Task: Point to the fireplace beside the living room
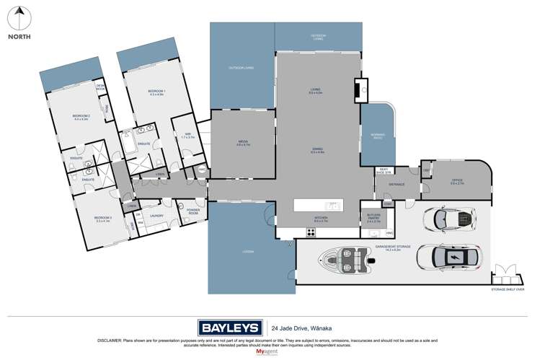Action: coord(358,90)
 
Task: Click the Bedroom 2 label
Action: coord(80,117)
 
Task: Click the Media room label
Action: coord(242,143)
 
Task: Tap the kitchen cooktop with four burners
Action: coord(312,232)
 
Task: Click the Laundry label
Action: coord(157,215)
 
